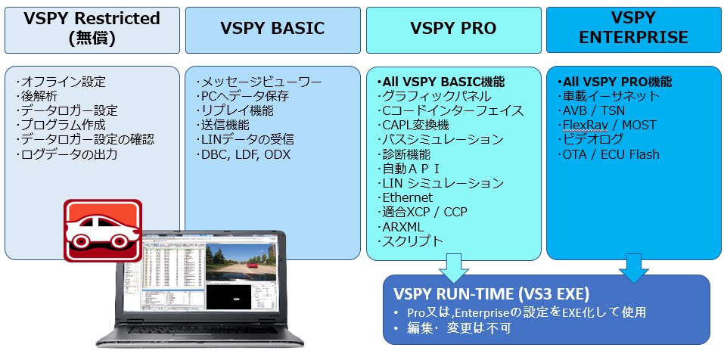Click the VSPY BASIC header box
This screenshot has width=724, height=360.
[x=272, y=29]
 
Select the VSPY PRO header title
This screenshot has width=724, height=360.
[x=453, y=29]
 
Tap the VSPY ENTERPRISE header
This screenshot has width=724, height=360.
[x=634, y=29]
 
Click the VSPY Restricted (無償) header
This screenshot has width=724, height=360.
[x=92, y=29]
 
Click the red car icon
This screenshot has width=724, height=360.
[x=101, y=229]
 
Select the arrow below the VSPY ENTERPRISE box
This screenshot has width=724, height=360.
[x=634, y=266]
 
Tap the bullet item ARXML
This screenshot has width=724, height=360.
[x=404, y=226]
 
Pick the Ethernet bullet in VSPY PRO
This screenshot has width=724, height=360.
[x=408, y=197]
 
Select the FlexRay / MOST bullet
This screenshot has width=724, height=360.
[x=609, y=125]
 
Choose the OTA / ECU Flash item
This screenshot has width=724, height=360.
[x=611, y=154]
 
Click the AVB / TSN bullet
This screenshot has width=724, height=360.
[x=593, y=110]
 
